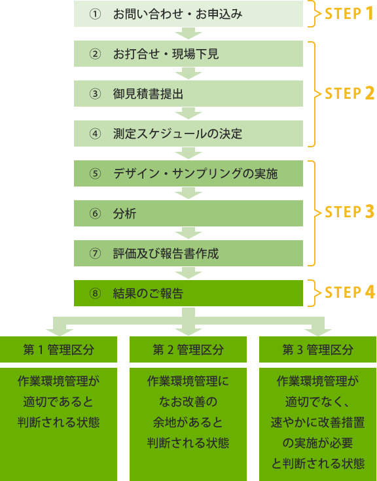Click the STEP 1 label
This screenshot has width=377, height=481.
349,14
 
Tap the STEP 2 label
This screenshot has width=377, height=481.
350,93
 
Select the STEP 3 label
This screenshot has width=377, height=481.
350,212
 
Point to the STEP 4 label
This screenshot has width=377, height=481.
350,292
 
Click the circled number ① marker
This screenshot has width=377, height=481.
95,14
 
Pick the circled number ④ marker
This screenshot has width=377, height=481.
95,134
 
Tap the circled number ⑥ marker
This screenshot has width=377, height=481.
95,213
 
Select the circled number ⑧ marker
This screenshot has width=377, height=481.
95,293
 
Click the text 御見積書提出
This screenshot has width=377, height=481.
148,94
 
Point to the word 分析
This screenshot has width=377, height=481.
124,213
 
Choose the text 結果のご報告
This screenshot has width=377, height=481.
148,293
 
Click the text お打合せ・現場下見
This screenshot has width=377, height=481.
166,54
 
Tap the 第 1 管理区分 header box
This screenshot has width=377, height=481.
59,349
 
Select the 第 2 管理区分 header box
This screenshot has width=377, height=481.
188,349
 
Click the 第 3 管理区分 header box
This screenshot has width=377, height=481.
318,349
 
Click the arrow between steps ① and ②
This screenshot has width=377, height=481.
188,33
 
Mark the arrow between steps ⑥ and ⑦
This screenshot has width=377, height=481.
188,233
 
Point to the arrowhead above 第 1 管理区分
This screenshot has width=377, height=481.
60,332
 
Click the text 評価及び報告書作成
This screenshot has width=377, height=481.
166,253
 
